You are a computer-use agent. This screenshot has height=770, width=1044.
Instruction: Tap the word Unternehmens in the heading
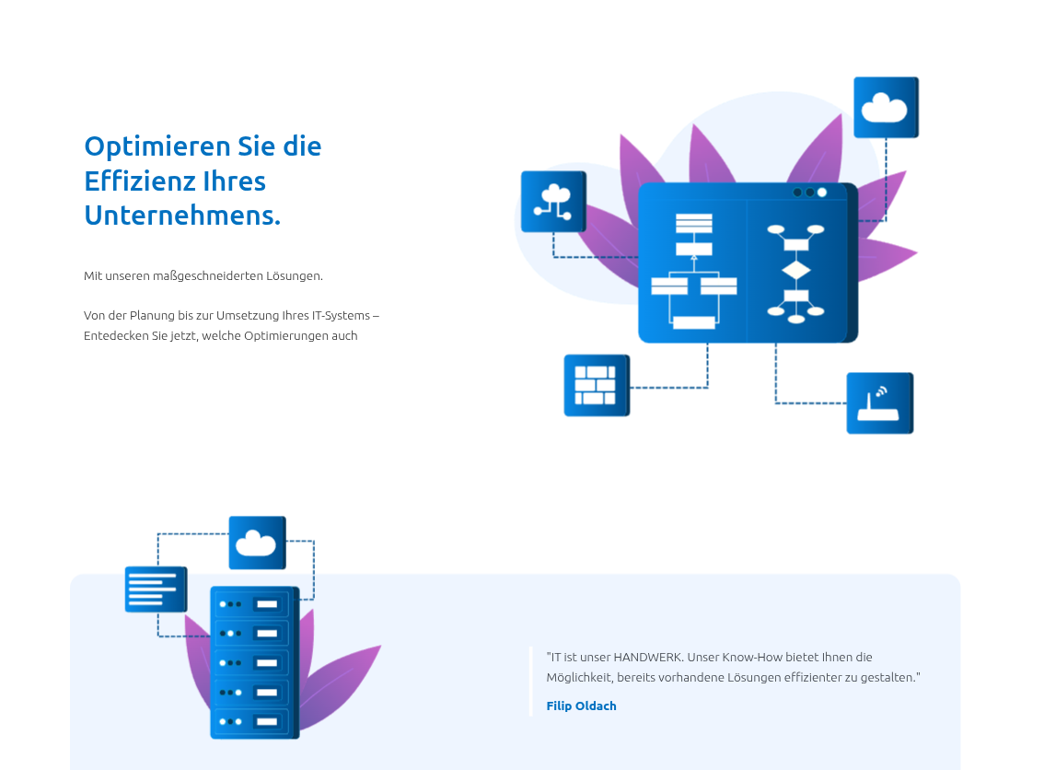pyautogui.click(x=180, y=216)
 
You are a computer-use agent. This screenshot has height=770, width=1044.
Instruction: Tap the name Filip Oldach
pyautogui.click(x=581, y=706)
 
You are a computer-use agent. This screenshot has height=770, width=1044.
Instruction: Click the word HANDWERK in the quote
pyautogui.click(x=648, y=658)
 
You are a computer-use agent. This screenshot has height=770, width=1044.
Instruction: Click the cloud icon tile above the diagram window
pyautogui.click(x=886, y=108)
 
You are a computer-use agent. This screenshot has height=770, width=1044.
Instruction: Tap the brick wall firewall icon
pyautogui.click(x=596, y=385)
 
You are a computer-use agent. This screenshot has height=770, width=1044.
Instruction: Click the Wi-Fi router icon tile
pyautogui.click(x=879, y=402)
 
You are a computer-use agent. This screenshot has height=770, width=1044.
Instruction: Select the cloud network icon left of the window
pyautogui.click(x=553, y=201)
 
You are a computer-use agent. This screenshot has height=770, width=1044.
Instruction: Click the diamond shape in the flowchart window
pyautogui.click(x=795, y=271)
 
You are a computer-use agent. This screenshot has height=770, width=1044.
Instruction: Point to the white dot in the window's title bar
pyautogui.click(x=822, y=192)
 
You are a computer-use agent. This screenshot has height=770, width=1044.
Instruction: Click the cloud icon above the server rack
pyautogui.click(x=257, y=542)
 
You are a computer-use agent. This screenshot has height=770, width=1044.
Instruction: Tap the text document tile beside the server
pyautogui.click(x=156, y=589)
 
